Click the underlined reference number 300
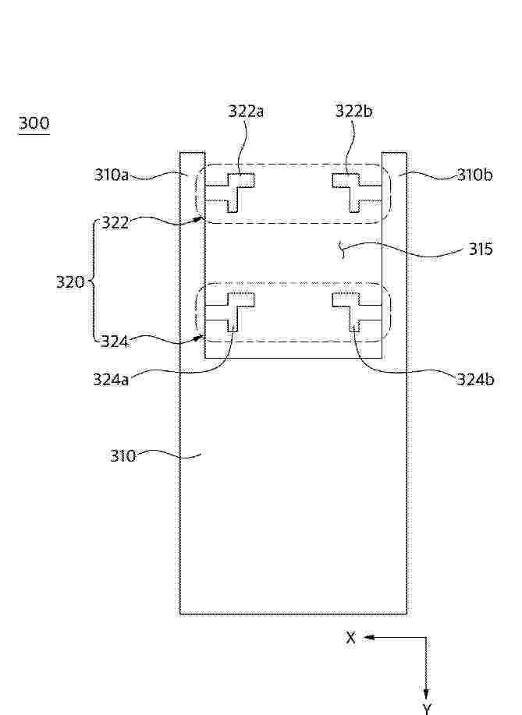coord(34,123)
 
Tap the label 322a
coord(246,111)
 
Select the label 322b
coord(353,111)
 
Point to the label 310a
coord(112,175)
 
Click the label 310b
coord(475,175)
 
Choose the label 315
coord(481,250)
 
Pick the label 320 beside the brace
coord(70,282)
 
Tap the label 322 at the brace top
coord(115,223)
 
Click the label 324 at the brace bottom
coord(115,341)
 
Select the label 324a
coord(111,380)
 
